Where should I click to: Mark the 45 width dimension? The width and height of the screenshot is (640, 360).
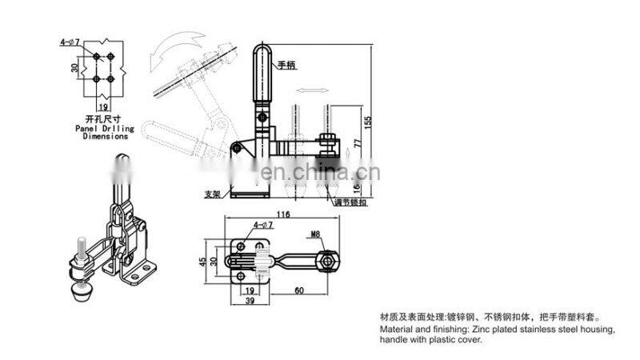tap(203, 260)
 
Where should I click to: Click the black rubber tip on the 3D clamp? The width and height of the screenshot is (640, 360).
tap(79, 294)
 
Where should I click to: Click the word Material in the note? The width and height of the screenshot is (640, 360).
tap(397, 329)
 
